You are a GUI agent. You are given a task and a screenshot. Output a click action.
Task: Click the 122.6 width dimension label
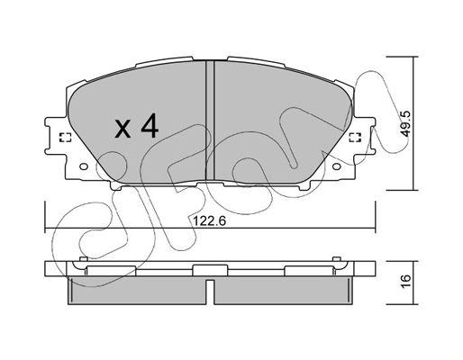coord(209,221)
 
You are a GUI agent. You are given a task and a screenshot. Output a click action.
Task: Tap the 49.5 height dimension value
coord(405,123)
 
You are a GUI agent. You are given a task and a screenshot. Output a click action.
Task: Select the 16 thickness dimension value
coord(405,282)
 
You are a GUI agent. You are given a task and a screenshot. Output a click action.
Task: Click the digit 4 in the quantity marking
coord(150,126)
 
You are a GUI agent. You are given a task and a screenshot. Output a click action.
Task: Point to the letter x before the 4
coord(123,129)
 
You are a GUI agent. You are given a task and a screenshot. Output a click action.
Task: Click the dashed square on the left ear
coord(65,137)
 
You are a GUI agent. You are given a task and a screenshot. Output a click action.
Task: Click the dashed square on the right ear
coord(355,137)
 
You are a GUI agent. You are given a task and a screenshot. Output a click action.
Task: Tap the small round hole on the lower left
coord(84,166)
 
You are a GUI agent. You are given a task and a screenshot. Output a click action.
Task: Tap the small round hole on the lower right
coord(337,166)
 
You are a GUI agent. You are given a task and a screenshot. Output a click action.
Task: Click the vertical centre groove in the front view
coord(210,121)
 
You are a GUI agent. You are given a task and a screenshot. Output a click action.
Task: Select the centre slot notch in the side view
coord(210,292)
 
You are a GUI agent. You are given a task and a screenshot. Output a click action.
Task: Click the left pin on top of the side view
coord(84,259)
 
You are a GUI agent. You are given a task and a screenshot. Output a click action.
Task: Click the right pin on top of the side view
coord(337,259)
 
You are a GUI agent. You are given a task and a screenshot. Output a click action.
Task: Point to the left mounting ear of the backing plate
coord(56,136)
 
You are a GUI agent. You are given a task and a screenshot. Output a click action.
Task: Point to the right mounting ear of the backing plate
coord(365,136)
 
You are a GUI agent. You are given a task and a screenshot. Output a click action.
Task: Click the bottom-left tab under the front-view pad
coord(116,185)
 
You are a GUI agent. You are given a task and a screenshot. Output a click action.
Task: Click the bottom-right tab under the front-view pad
coord(304,185)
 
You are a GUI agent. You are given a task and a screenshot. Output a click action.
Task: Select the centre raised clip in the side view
coord(210,270)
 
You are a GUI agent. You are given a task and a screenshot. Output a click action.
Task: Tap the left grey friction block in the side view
coord(137,290)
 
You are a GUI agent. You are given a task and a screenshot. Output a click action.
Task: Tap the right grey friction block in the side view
coord(284,290)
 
